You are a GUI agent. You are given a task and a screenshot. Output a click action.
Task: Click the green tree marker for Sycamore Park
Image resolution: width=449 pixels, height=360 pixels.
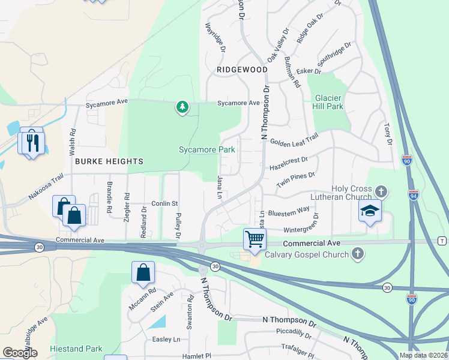182,107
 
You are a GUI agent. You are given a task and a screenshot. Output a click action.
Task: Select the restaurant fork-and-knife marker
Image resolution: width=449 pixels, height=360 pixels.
32,142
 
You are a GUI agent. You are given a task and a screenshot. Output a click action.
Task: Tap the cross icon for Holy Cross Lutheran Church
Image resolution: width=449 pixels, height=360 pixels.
380,192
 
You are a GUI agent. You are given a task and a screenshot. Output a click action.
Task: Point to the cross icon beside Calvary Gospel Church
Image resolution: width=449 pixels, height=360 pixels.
358,254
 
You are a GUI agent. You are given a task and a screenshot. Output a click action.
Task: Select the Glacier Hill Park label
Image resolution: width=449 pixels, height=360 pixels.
328,102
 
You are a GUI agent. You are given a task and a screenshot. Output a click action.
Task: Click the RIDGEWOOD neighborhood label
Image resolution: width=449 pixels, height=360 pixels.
242,70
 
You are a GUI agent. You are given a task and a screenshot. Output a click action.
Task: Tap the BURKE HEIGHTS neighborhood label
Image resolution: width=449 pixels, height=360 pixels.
109,161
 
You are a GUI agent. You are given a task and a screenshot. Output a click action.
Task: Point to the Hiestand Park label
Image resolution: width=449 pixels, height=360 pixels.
77,349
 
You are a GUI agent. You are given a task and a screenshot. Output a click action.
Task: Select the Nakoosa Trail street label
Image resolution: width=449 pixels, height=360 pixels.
46,187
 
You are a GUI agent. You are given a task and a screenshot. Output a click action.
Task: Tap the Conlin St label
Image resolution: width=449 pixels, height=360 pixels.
164,203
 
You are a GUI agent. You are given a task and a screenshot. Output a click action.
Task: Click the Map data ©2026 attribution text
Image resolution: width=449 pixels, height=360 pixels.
422,355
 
